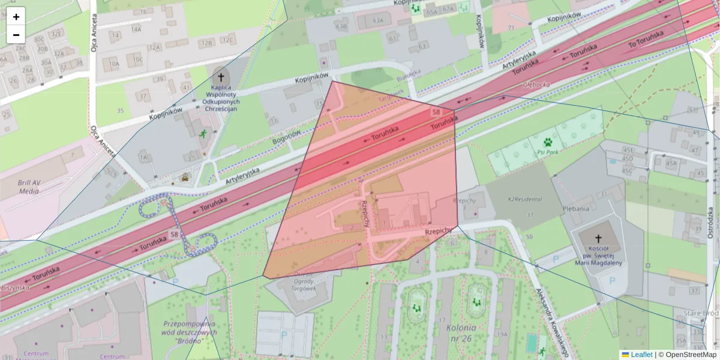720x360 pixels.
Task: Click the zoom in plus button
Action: click(16, 17)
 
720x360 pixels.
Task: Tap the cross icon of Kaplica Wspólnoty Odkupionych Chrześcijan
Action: click(221, 77)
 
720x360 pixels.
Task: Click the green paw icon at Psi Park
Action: click(548, 142)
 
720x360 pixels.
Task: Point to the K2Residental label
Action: click(525, 199)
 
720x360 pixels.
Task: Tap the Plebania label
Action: click(576, 209)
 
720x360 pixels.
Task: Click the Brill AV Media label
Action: click(29, 186)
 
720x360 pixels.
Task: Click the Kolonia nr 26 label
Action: click(461, 332)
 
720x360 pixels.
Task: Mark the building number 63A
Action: click(377, 20)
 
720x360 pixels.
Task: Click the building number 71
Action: click(511, 28)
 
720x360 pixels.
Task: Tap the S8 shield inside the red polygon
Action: click(436, 112)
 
